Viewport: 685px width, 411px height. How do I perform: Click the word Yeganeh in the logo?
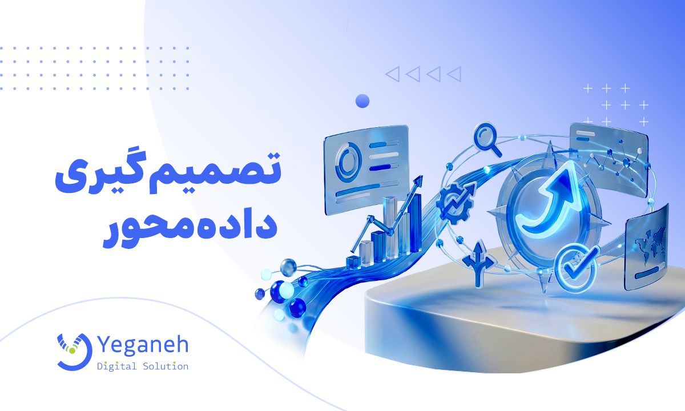[143, 345]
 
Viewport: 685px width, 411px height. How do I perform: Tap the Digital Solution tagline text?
[143, 366]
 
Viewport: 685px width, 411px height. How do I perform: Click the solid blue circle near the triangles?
[362, 102]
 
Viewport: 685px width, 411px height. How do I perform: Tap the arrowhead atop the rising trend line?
[420, 181]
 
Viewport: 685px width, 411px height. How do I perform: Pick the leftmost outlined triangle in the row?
[392, 74]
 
